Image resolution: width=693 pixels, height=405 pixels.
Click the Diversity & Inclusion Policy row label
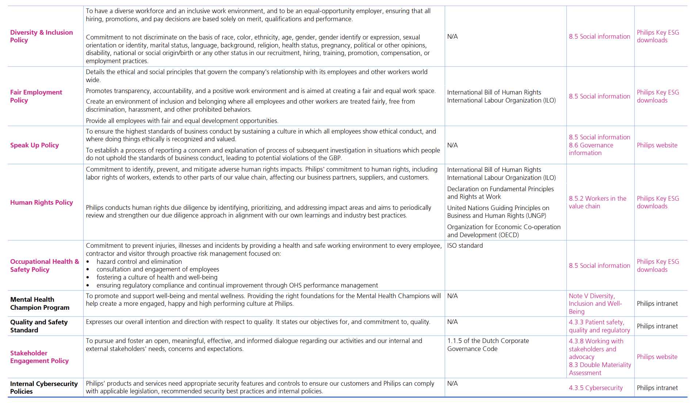(x=41, y=36)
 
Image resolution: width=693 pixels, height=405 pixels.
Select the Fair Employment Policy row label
(x=36, y=96)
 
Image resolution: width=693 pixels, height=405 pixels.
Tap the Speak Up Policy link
(x=34, y=145)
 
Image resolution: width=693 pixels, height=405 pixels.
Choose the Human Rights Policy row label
(x=41, y=202)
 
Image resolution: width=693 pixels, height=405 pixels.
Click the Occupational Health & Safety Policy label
(x=44, y=266)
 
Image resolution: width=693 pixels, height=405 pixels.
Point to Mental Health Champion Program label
(x=39, y=304)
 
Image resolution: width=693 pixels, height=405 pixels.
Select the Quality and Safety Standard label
(x=39, y=326)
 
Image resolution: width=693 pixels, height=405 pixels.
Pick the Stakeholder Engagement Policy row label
(x=39, y=357)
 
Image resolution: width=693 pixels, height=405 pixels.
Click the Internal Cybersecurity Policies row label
(x=44, y=387)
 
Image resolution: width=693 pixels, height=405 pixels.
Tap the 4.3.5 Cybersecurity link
(x=596, y=388)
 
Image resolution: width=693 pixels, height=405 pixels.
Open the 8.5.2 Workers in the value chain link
(x=597, y=202)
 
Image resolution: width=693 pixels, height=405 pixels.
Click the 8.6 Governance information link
(x=591, y=149)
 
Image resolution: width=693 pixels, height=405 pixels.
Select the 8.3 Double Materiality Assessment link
(x=600, y=369)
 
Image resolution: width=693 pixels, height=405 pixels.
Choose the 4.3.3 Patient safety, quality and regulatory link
(x=599, y=326)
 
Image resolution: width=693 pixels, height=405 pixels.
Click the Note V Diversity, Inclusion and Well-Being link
(x=595, y=304)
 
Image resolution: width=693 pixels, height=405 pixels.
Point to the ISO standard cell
(x=465, y=246)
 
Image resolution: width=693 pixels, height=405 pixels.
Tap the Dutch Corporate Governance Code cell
(x=488, y=345)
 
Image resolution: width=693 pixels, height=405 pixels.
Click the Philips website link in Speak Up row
(x=657, y=145)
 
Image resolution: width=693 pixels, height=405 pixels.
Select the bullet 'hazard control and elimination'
(x=139, y=262)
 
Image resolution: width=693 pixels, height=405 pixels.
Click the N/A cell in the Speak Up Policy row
(x=452, y=145)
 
